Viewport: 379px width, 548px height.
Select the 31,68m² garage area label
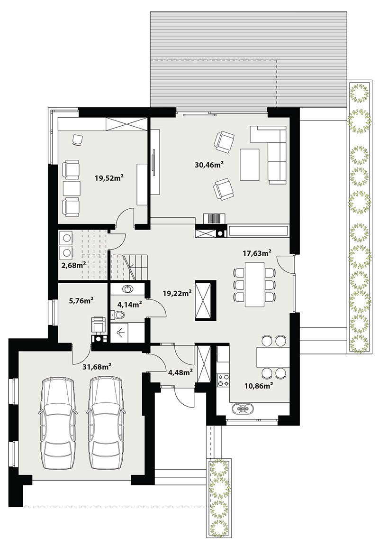97,367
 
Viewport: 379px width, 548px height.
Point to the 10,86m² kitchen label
258,386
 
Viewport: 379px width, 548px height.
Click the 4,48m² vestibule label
180,372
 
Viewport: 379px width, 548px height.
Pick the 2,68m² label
73,265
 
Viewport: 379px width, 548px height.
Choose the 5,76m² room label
81,300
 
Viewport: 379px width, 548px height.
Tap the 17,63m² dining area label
257,253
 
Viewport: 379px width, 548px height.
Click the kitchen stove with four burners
223,380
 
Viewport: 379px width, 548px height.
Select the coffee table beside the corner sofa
250,164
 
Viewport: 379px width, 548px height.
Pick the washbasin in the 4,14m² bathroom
128,288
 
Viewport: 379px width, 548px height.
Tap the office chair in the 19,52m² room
77,140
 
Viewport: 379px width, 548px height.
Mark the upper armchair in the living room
223,142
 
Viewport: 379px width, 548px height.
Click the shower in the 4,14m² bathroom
127,333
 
